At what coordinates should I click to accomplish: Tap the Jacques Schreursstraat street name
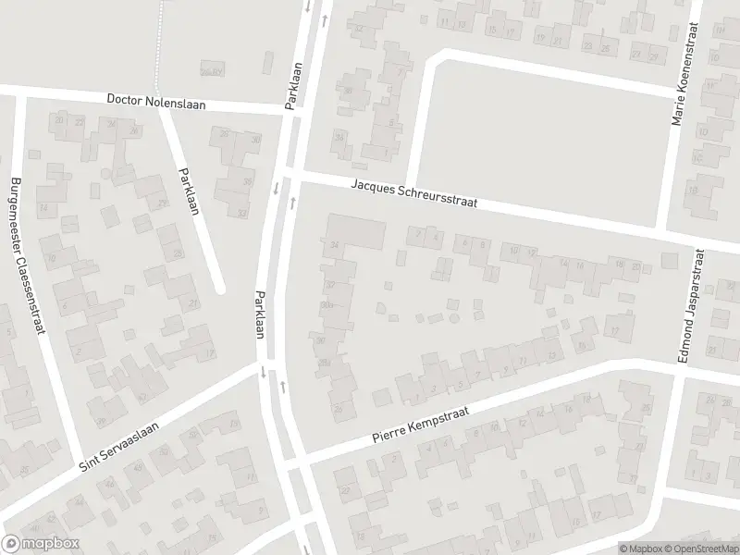[x=413, y=195]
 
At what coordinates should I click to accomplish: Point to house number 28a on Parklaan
[x=323, y=363]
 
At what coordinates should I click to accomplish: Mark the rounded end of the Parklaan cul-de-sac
[x=220, y=288]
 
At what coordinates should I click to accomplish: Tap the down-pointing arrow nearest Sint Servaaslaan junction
[x=265, y=374]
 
